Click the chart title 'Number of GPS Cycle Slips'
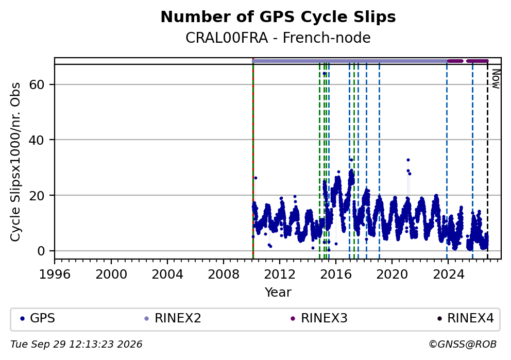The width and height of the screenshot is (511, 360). (278, 18)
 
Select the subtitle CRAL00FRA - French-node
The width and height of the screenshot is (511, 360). (278, 38)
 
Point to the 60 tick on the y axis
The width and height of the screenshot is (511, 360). (37, 84)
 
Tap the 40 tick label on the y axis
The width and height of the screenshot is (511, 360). (37, 140)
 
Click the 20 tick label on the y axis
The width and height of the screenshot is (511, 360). (37, 196)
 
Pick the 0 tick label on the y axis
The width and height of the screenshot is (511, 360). (41, 251)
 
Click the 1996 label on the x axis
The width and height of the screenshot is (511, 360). (55, 275)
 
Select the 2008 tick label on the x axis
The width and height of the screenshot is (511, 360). (224, 275)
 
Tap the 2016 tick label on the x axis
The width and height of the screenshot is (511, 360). (336, 275)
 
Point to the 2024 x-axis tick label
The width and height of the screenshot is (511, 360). (448, 275)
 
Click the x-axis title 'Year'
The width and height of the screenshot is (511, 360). (278, 292)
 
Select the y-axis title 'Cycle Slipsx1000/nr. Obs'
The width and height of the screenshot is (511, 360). (15, 162)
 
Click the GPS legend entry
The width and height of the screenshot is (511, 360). (37, 318)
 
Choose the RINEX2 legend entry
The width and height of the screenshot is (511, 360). (173, 318)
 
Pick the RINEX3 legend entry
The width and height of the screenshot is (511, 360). (319, 318)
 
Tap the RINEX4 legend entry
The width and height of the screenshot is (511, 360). (465, 318)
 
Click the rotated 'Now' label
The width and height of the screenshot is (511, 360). (496, 79)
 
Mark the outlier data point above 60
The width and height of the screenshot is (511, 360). (324, 74)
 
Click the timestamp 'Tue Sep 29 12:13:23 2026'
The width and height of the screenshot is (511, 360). (76, 345)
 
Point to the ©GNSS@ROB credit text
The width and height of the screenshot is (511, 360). (463, 345)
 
